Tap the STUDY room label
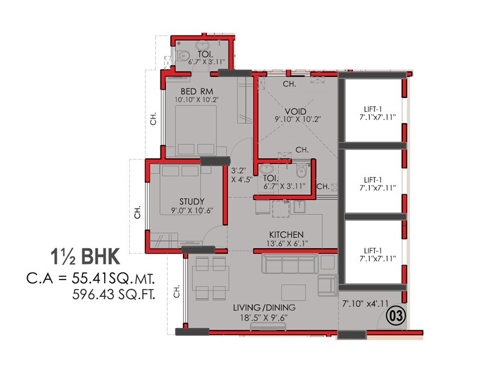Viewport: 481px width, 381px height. (192, 201)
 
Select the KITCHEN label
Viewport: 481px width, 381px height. (286, 234)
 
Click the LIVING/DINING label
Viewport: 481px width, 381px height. (265, 308)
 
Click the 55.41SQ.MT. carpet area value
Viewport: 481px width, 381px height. (117, 278)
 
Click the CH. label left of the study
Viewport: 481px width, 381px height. (138, 213)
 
